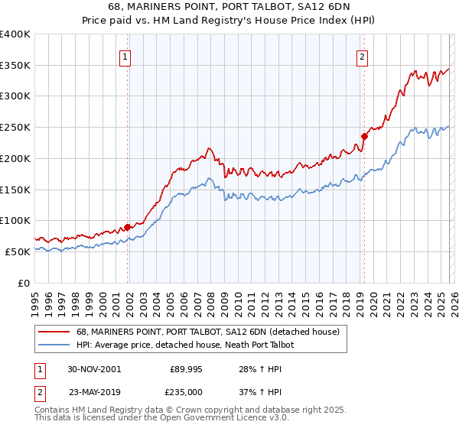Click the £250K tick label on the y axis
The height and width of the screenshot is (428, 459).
tap(15, 128)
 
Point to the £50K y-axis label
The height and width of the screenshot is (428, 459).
tap(18, 251)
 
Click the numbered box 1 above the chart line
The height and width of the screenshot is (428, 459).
tap(125, 56)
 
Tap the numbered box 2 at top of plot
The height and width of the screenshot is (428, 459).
tap(361, 56)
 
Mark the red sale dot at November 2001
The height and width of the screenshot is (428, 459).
tap(128, 227)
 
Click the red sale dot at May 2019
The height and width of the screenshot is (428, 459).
tap(364, 137)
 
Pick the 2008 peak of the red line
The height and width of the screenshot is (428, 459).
tap(208, 148)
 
